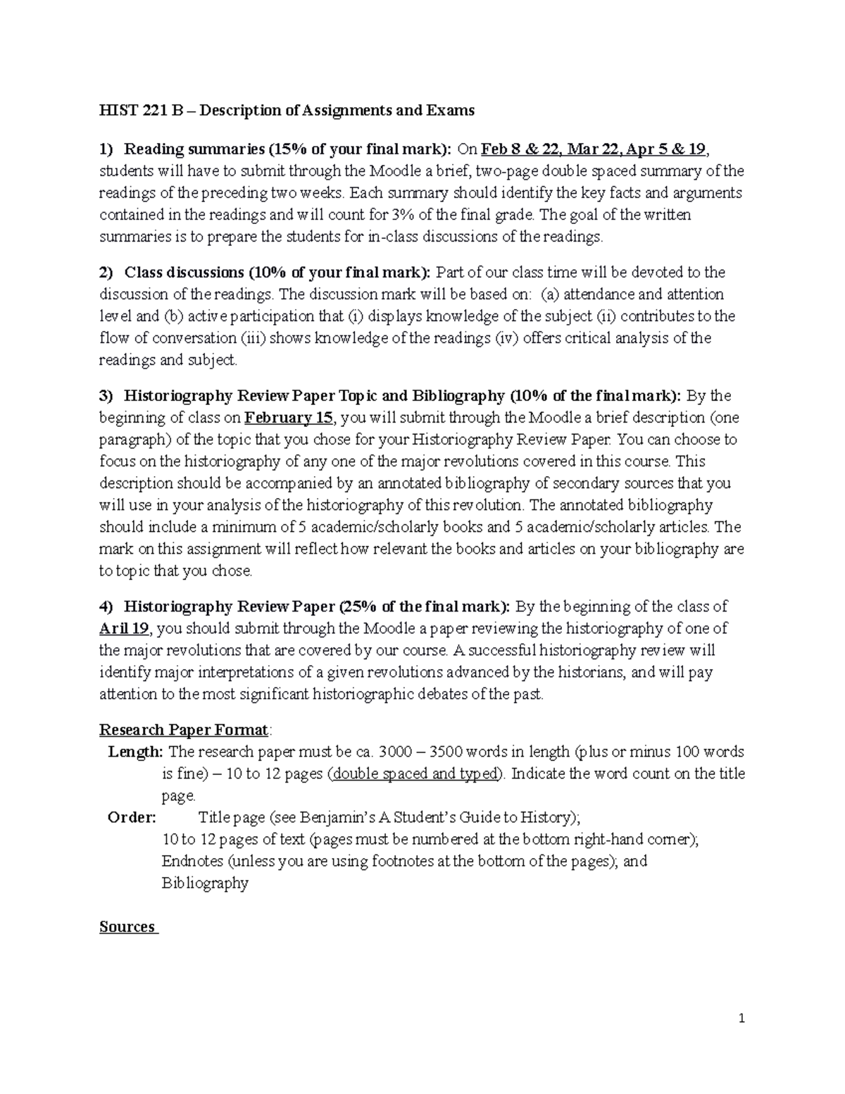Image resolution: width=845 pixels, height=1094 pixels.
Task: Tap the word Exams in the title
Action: coord(451,111)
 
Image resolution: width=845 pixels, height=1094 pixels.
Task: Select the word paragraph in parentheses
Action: coord(132,440)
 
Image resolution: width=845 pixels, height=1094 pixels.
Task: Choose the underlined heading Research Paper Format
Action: coord(183,729)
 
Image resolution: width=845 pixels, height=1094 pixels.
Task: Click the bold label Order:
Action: coord(132,817)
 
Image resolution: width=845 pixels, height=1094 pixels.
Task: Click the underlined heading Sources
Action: coord(127,926)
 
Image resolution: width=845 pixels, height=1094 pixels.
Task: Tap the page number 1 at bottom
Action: coord(741,1018)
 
